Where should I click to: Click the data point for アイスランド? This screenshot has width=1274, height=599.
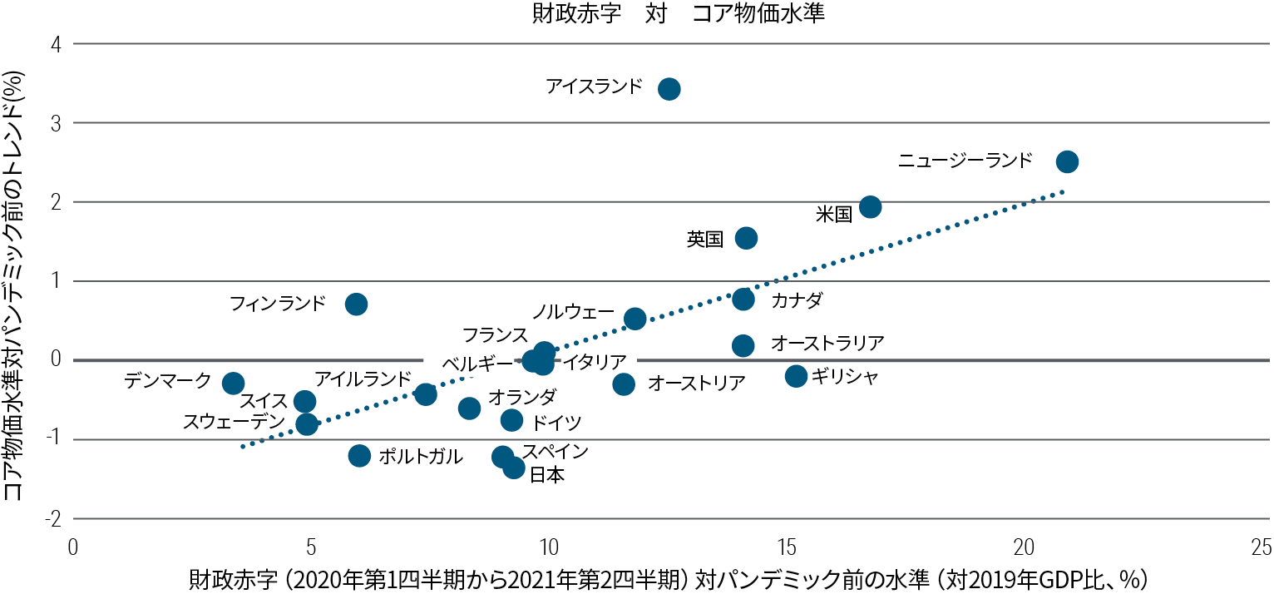pos(669,89)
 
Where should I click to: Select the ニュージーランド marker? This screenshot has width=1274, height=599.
pos(1067,161)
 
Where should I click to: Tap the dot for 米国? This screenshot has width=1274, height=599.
pos(870,206)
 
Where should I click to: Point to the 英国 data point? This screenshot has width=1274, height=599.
pos(746,238)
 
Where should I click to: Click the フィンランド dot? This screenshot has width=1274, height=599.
pos(356,304)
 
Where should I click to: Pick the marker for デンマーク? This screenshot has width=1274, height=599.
pos(234,383)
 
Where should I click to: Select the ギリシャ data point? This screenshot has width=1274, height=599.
pos(796,376)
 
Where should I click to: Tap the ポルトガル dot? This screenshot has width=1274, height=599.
pos(359,455)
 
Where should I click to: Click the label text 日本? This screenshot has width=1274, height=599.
pos(546,476)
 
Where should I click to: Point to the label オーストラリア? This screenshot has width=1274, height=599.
pos(827,342)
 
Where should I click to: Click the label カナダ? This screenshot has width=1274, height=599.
pos(796,300)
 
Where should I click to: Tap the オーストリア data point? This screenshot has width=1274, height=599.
pos(624,384)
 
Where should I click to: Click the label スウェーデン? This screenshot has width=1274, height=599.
pos(234,422)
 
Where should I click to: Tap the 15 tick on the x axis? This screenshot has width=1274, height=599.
pos(786,547)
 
